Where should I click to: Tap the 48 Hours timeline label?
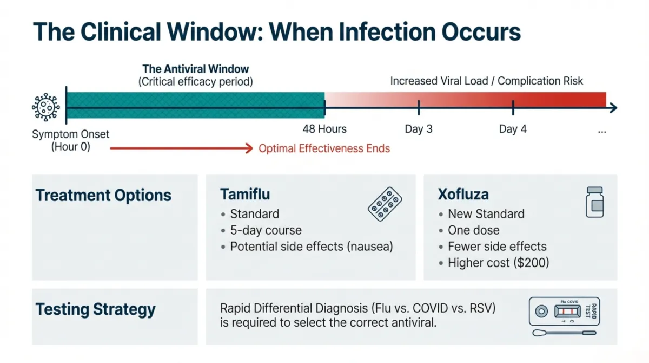(325, 129)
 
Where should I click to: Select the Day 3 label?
(419, 129)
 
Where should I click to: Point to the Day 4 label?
(513, 129)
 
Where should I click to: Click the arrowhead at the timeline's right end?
(613, 108)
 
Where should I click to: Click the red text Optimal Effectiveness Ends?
(324, 148)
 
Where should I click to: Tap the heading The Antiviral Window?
(195, 69)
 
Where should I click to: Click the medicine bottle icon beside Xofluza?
(595, 203)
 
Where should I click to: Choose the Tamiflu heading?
(245, 194)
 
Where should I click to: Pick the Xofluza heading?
(463, 194)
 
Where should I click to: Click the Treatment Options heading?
(103, 195)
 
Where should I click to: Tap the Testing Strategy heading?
(95, 310)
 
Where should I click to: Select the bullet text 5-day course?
(266, 230)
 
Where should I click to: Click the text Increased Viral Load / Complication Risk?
(487, 81)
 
